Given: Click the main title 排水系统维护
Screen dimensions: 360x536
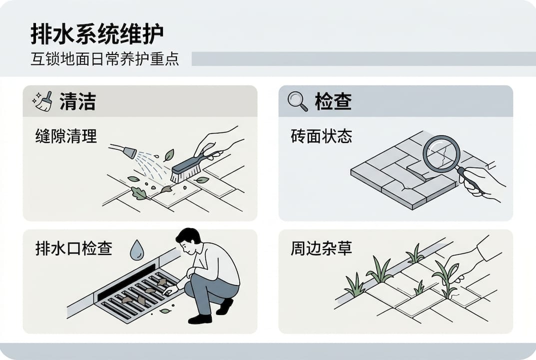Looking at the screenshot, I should click(x=97, y=34).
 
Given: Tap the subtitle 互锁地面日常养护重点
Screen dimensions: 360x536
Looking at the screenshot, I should click(x=104, y=58).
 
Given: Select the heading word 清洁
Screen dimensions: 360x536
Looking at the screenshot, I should click(x=77, y=101).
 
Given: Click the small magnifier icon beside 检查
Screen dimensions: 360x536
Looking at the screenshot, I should click(x=298, y=101).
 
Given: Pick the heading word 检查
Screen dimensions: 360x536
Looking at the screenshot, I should click(x=333, y=101).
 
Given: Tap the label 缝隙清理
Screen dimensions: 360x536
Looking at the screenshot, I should click(x=66, y=136).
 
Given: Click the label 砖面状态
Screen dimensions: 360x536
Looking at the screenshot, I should click(x=321, y=136).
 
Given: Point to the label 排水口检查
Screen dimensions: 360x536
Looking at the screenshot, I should click(x=73, y=248).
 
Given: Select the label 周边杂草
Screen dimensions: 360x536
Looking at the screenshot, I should click(x=321, y=248).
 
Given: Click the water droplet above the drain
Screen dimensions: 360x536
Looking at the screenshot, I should click(x=136, y=250).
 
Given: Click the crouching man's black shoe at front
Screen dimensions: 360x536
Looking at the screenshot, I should click(x=200, y=318).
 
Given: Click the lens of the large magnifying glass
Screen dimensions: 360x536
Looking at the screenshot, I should click(x=441, y=154).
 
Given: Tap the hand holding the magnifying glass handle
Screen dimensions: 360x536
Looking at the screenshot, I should click(x=480, y=182).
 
